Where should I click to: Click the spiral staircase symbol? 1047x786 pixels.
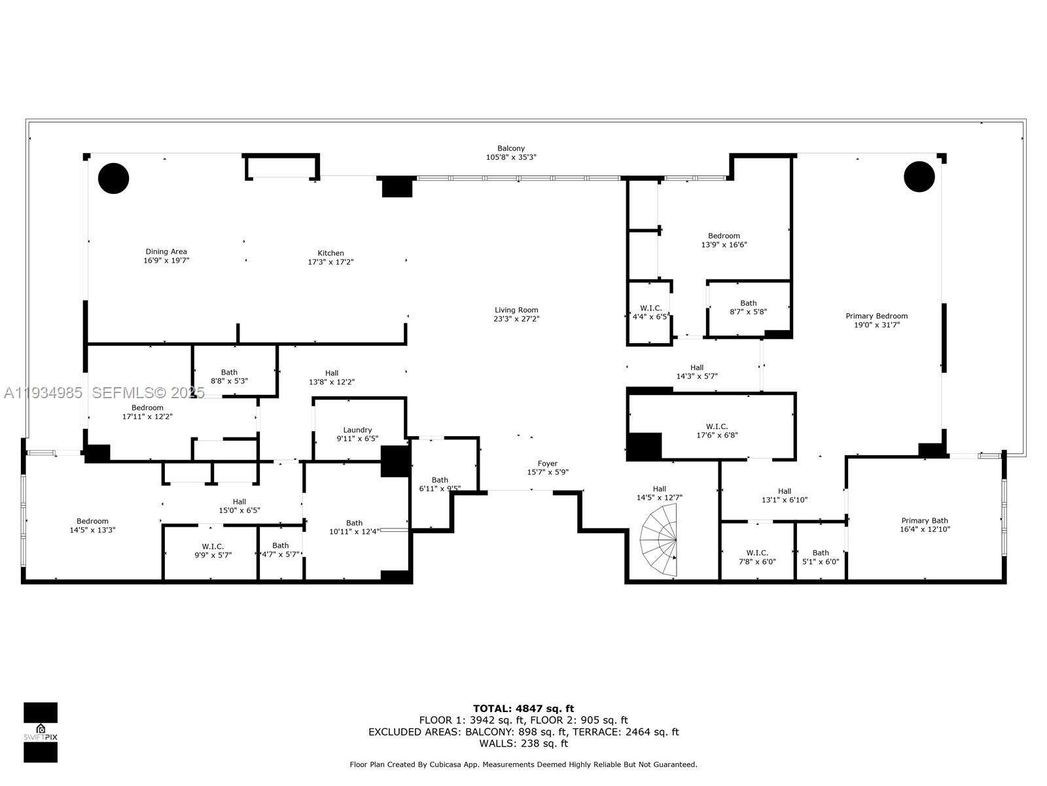[x=660, y=543]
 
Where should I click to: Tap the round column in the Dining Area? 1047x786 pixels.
[x=114, y=178]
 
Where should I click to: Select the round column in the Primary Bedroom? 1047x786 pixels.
[x=919, y=176]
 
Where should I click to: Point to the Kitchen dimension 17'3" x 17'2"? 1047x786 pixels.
[x=330, y=262]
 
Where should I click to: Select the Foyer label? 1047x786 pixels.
[x=547, y=464]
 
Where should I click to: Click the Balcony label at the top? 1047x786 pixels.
[x=511, y=149]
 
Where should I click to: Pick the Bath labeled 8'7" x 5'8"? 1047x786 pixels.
[x=748, y=307]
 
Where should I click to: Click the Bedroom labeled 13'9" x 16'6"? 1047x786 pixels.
[x=724, y=240]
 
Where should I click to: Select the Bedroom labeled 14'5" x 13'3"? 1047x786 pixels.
[x=92, y=525]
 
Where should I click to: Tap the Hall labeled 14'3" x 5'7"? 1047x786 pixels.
[x=697, y=372]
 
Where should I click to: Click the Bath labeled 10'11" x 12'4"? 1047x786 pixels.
[x=354, y=527]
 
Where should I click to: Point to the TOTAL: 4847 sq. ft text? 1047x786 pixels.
[x=523, y=708]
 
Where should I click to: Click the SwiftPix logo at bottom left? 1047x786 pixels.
[x=41, y=732]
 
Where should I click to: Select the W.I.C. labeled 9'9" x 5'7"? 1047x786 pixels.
[x=213, y=550]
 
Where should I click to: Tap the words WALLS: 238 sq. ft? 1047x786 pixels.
[x=523, y=743]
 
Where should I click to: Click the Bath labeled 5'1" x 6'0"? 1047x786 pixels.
[x=821, y=557]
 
